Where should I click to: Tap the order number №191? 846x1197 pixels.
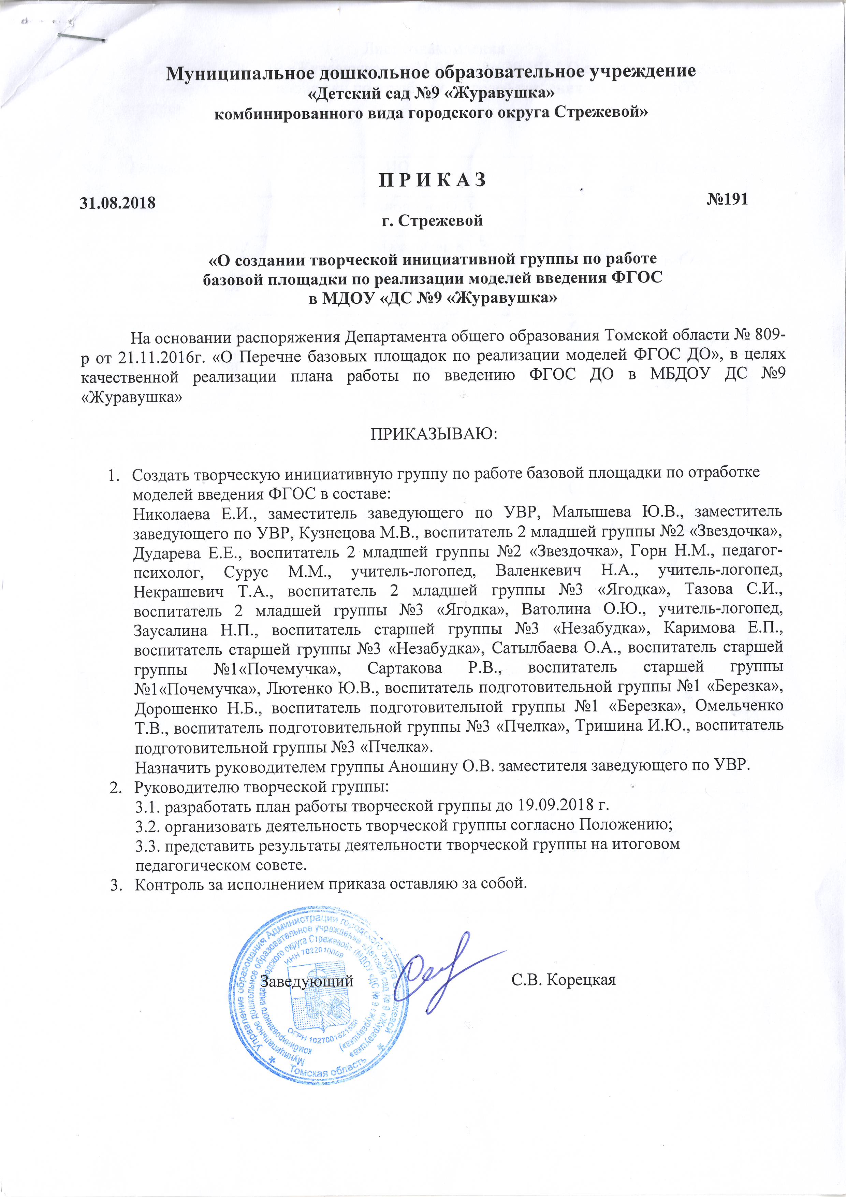point(727,199)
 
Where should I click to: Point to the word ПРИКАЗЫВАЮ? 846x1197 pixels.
point(434,434)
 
